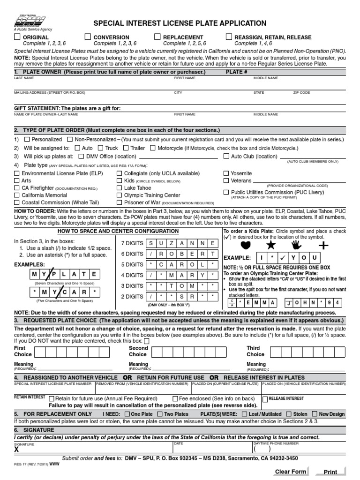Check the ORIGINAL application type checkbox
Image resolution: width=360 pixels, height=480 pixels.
click(x=17, y=37)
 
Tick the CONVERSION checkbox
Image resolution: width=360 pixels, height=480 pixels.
click(x=88, y=37)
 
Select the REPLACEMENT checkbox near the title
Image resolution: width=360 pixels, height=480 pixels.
click(x=158, y=37)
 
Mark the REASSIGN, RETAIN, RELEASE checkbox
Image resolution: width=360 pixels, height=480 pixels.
click(x=229, y=37)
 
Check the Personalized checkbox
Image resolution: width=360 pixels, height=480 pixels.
click(x=27, y=140)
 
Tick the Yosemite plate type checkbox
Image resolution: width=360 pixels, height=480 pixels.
click(x=226, y=173)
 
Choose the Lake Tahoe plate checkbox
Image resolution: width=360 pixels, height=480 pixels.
click(x=120, y=188)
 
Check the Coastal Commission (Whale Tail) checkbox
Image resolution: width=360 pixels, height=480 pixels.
click(x=17, y=202)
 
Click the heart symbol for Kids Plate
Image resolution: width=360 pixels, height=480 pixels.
click(x=245, y=245)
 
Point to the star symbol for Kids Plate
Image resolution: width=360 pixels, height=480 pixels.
click(x=271, y=245)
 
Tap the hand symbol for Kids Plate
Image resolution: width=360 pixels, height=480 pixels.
click(x=296, y=245)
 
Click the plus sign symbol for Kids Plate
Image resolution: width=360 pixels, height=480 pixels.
click(x=323, y=245)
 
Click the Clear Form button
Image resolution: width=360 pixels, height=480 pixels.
click(x=291, y=472)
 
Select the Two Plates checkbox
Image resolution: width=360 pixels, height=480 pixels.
click(x=159, y=414)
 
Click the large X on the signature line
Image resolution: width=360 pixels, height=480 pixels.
click(x=17, y=449)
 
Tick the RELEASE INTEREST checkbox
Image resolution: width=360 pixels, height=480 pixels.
click(x=265, y=399)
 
